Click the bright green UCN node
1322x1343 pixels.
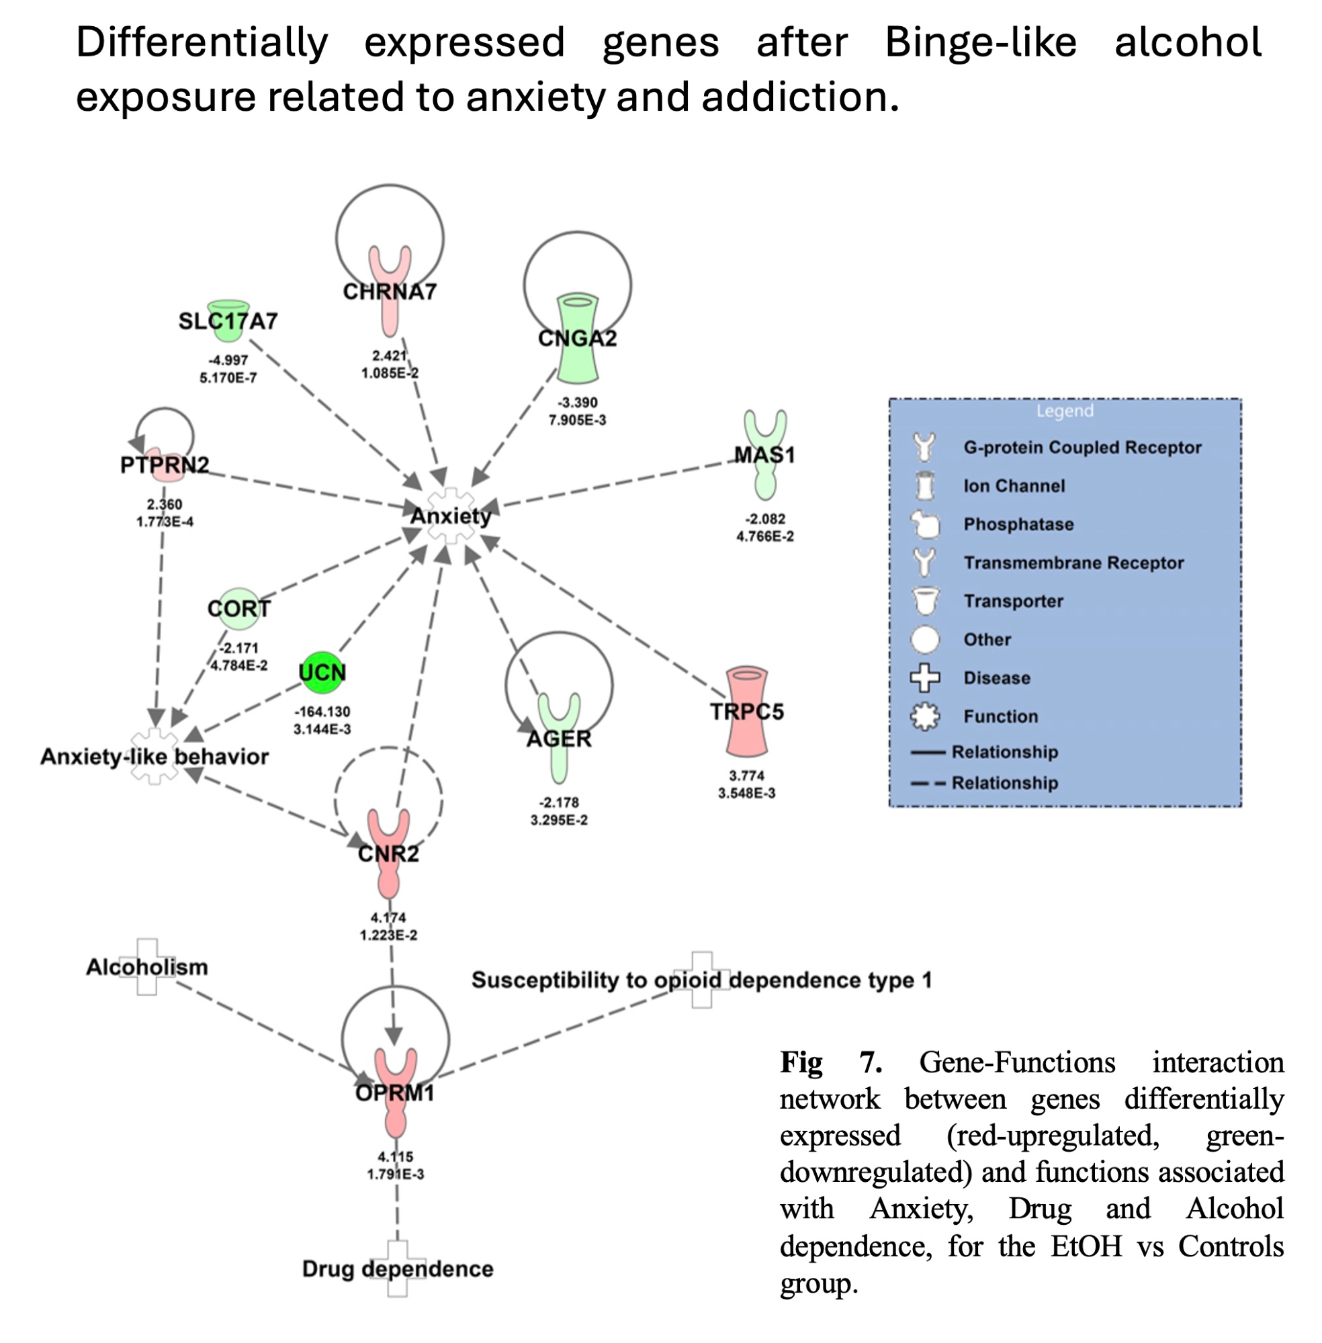click(x=322, y=672)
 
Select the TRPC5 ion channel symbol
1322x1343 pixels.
click(x=746, y=711)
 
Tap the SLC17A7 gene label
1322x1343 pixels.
click(x=228, y=322)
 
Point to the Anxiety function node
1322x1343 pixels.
click(x=451, y=516)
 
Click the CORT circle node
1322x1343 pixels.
click(x=239, y=608)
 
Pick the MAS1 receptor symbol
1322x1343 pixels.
click(x=765, y=455)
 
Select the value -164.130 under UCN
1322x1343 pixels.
click(x=322, y=712)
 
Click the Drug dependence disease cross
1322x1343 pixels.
click(x=397, y=1268)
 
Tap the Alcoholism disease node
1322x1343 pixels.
click(x=147, y=967)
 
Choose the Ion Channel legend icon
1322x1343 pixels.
click(x=924, y=486)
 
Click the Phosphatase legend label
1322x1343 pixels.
click(x=1018, y=524)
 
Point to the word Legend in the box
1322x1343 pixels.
click(x=1065, y=411)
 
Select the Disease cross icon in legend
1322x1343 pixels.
click(x=925, y=678)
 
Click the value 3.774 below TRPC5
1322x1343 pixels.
click(x=746, y=776)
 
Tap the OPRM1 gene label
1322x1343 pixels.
click(x=394, y=1093)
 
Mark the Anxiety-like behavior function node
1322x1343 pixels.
click(x=155, y=757)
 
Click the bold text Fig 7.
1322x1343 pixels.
click(x=830, y=1062)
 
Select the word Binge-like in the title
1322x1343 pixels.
click(x=980, y=42)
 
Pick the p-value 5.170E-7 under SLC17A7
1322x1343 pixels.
click(x=228, y=378)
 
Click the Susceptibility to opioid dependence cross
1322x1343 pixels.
click(x=701, y=980)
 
